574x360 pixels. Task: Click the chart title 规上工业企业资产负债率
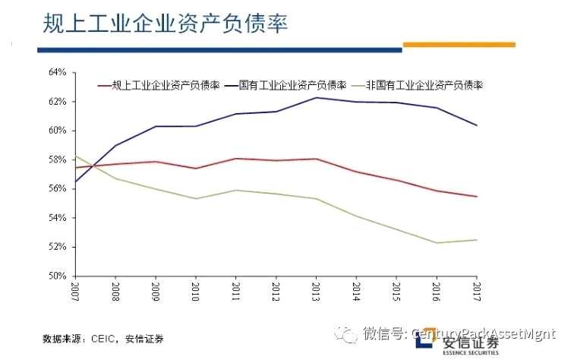click(x=164, y=24)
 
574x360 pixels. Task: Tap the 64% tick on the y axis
click(x=58, y=72)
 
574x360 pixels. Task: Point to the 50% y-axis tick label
click(x=58, y=276)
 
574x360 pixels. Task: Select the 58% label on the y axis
click(x=58, y=159)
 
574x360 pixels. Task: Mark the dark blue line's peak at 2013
click(x=316, y=97)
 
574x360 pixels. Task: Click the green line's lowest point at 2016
click(x=437, y=243)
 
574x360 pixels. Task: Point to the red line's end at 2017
click(x=477, y=197)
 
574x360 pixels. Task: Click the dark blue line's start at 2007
click(x=75, y=182)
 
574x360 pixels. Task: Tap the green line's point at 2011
click(x=235, y=190)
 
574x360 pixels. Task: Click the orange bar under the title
click(x=459, y=45)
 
